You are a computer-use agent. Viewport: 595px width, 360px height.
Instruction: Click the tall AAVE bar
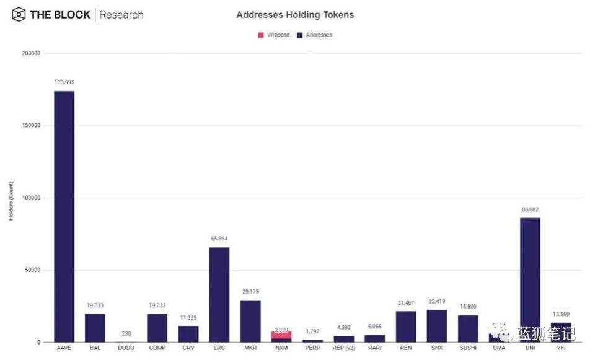click(x=64, y=217)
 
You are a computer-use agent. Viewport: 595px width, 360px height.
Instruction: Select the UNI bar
click(x=530, y=279)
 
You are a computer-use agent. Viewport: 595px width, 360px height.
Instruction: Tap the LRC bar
click(x=219, y=294)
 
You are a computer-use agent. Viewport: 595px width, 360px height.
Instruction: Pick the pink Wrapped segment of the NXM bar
click(x=281, y=335)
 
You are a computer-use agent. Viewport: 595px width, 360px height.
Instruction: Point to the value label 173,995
click(x=64, y=82)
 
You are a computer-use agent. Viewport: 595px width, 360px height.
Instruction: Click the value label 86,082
click(x=530, y=209)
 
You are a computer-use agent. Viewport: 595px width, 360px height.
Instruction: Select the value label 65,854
click(x=219, y=239)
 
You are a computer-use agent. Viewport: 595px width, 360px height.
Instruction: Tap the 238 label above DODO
click(x=126, y=333)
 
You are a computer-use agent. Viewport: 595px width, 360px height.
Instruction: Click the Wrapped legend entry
click(x=274, y=35)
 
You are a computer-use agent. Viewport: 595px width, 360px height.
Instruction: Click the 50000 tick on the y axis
click(x=32, y=270)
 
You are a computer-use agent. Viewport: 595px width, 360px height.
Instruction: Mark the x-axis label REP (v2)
click(x=343, y=348)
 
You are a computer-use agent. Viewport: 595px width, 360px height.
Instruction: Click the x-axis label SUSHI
click(x=468, y=348)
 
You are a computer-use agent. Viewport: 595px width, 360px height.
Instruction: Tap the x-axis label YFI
click(x=561, y=348)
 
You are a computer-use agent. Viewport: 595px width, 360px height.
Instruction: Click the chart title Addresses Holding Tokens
click(x=295, y=14)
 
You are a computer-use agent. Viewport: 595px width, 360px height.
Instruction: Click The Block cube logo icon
click(x=19, y=14)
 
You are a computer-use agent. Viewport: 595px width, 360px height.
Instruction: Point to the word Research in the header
click(x=121, y=14)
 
